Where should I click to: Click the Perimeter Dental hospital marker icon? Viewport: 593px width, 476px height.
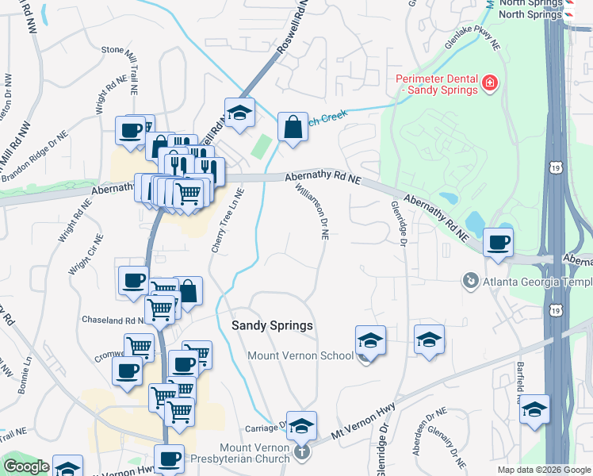click(x=490, y=82)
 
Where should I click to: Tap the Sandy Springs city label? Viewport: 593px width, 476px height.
click(x=272, y=326)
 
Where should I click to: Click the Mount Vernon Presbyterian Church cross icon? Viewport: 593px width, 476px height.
click(x=301, y=452)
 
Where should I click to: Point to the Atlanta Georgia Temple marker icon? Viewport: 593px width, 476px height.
click(x=470, y=281)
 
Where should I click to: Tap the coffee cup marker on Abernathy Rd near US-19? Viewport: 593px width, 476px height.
click(x=498, y=242)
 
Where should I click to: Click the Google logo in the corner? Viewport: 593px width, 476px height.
click(x=26, y=466)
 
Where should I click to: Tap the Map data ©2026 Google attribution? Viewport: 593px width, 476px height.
click(x=544, y=470)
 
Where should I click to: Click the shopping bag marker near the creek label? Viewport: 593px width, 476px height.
click(x=293, y=127)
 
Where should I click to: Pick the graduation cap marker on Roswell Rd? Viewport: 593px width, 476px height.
click(x=239, y=113)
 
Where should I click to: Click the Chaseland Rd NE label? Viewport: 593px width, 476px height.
click(x=112, y=320)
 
